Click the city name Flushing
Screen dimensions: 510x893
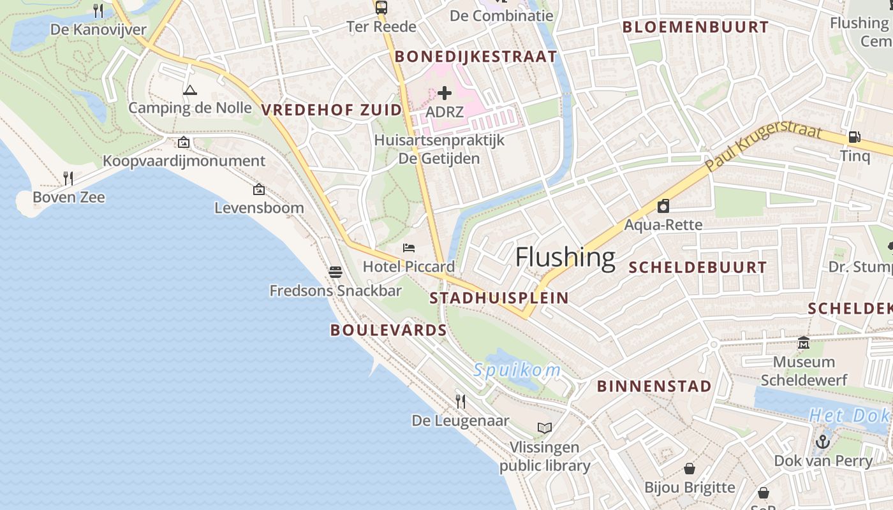(565, 257)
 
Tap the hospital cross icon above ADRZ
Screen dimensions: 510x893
(445, 94)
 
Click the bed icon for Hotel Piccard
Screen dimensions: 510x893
(409, 248)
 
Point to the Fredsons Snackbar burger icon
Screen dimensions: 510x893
(336, 272)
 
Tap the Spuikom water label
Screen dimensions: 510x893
(517, 370)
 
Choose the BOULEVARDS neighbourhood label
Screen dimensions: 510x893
(388, 330)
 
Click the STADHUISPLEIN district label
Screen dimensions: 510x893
(499, 298)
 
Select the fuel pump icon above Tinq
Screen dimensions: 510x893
(853, 136)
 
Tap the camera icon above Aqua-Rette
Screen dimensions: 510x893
(663, 206)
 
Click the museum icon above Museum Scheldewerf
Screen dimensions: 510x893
(804, 343)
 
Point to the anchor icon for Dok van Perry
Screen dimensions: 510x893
(823, 441)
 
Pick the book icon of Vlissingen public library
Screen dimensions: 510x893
(544, 428)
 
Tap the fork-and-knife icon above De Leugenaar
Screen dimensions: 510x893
(460, 401)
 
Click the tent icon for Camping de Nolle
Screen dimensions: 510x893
(189, 90)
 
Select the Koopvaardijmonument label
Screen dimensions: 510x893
(184, 161)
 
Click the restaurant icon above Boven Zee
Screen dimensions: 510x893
(68, 178)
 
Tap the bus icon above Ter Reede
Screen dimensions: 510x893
(381, 8)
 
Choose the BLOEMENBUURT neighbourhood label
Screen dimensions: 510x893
(695, 27)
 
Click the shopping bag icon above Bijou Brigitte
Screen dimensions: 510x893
(689, 469)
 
